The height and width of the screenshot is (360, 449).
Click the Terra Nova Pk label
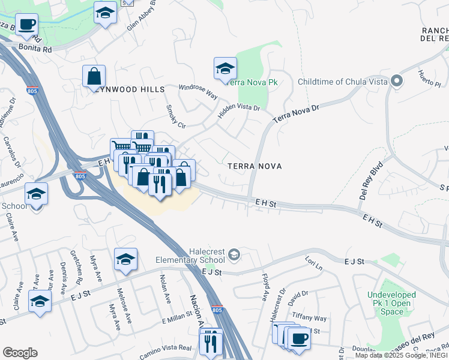254,82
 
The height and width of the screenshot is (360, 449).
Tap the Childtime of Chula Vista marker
396,81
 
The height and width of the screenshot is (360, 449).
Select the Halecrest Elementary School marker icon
234,256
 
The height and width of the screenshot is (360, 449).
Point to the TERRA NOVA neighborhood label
255,166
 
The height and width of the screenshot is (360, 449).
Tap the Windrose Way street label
198,91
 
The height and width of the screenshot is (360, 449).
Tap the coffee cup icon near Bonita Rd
26,25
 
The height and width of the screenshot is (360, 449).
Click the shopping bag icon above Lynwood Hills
94,76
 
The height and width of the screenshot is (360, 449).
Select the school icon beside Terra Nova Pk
225,68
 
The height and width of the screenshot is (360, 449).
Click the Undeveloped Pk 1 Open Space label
392,303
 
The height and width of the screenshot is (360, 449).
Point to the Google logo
20,353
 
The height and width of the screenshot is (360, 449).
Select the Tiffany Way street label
309,318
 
